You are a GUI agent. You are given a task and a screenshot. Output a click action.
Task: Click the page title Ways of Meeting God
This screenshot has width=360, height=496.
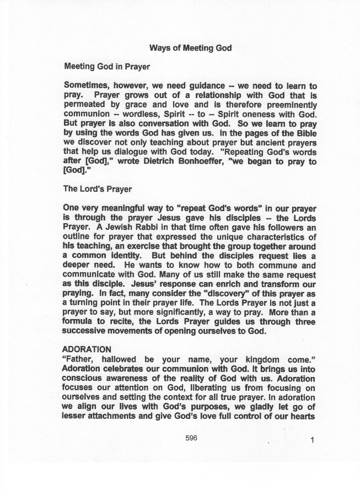(190, 48)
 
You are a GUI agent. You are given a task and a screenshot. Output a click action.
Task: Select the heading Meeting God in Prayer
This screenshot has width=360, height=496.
(107, 67)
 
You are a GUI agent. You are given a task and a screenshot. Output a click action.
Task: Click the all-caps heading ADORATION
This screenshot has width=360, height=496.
(87, 349)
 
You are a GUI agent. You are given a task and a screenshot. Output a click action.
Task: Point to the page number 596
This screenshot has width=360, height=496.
(191, 438)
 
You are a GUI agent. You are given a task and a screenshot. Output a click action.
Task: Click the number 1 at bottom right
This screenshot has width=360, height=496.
(312, 440)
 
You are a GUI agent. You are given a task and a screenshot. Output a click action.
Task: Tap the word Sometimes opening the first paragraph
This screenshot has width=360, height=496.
(88, 86)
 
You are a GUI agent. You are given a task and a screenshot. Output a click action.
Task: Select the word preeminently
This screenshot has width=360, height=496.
(289, 105)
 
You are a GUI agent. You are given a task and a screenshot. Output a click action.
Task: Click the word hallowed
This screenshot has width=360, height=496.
(119, 359)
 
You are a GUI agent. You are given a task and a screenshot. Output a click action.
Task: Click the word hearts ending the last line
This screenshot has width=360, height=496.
(302, 416)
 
